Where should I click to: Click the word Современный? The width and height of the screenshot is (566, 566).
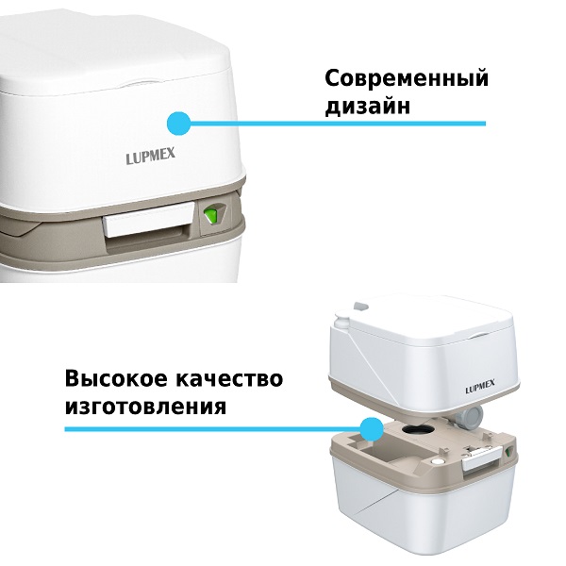(x=407, y=78)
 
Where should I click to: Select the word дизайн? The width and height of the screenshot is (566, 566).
(x=368, y=107)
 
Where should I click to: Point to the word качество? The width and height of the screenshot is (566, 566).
(x=230, y=379)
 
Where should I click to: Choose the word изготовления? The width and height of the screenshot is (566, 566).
(x=145, y=408)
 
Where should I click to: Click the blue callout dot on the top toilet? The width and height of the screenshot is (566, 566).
(x=177, y=123)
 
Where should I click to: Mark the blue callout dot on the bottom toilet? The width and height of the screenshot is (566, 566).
(x=373, y=429)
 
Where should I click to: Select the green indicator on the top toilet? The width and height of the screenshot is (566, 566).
(x=212, y=216)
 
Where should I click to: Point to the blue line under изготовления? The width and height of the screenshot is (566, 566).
(x=217, y=429)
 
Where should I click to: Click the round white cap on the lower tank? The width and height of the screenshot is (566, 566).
(x=437, y=464)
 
